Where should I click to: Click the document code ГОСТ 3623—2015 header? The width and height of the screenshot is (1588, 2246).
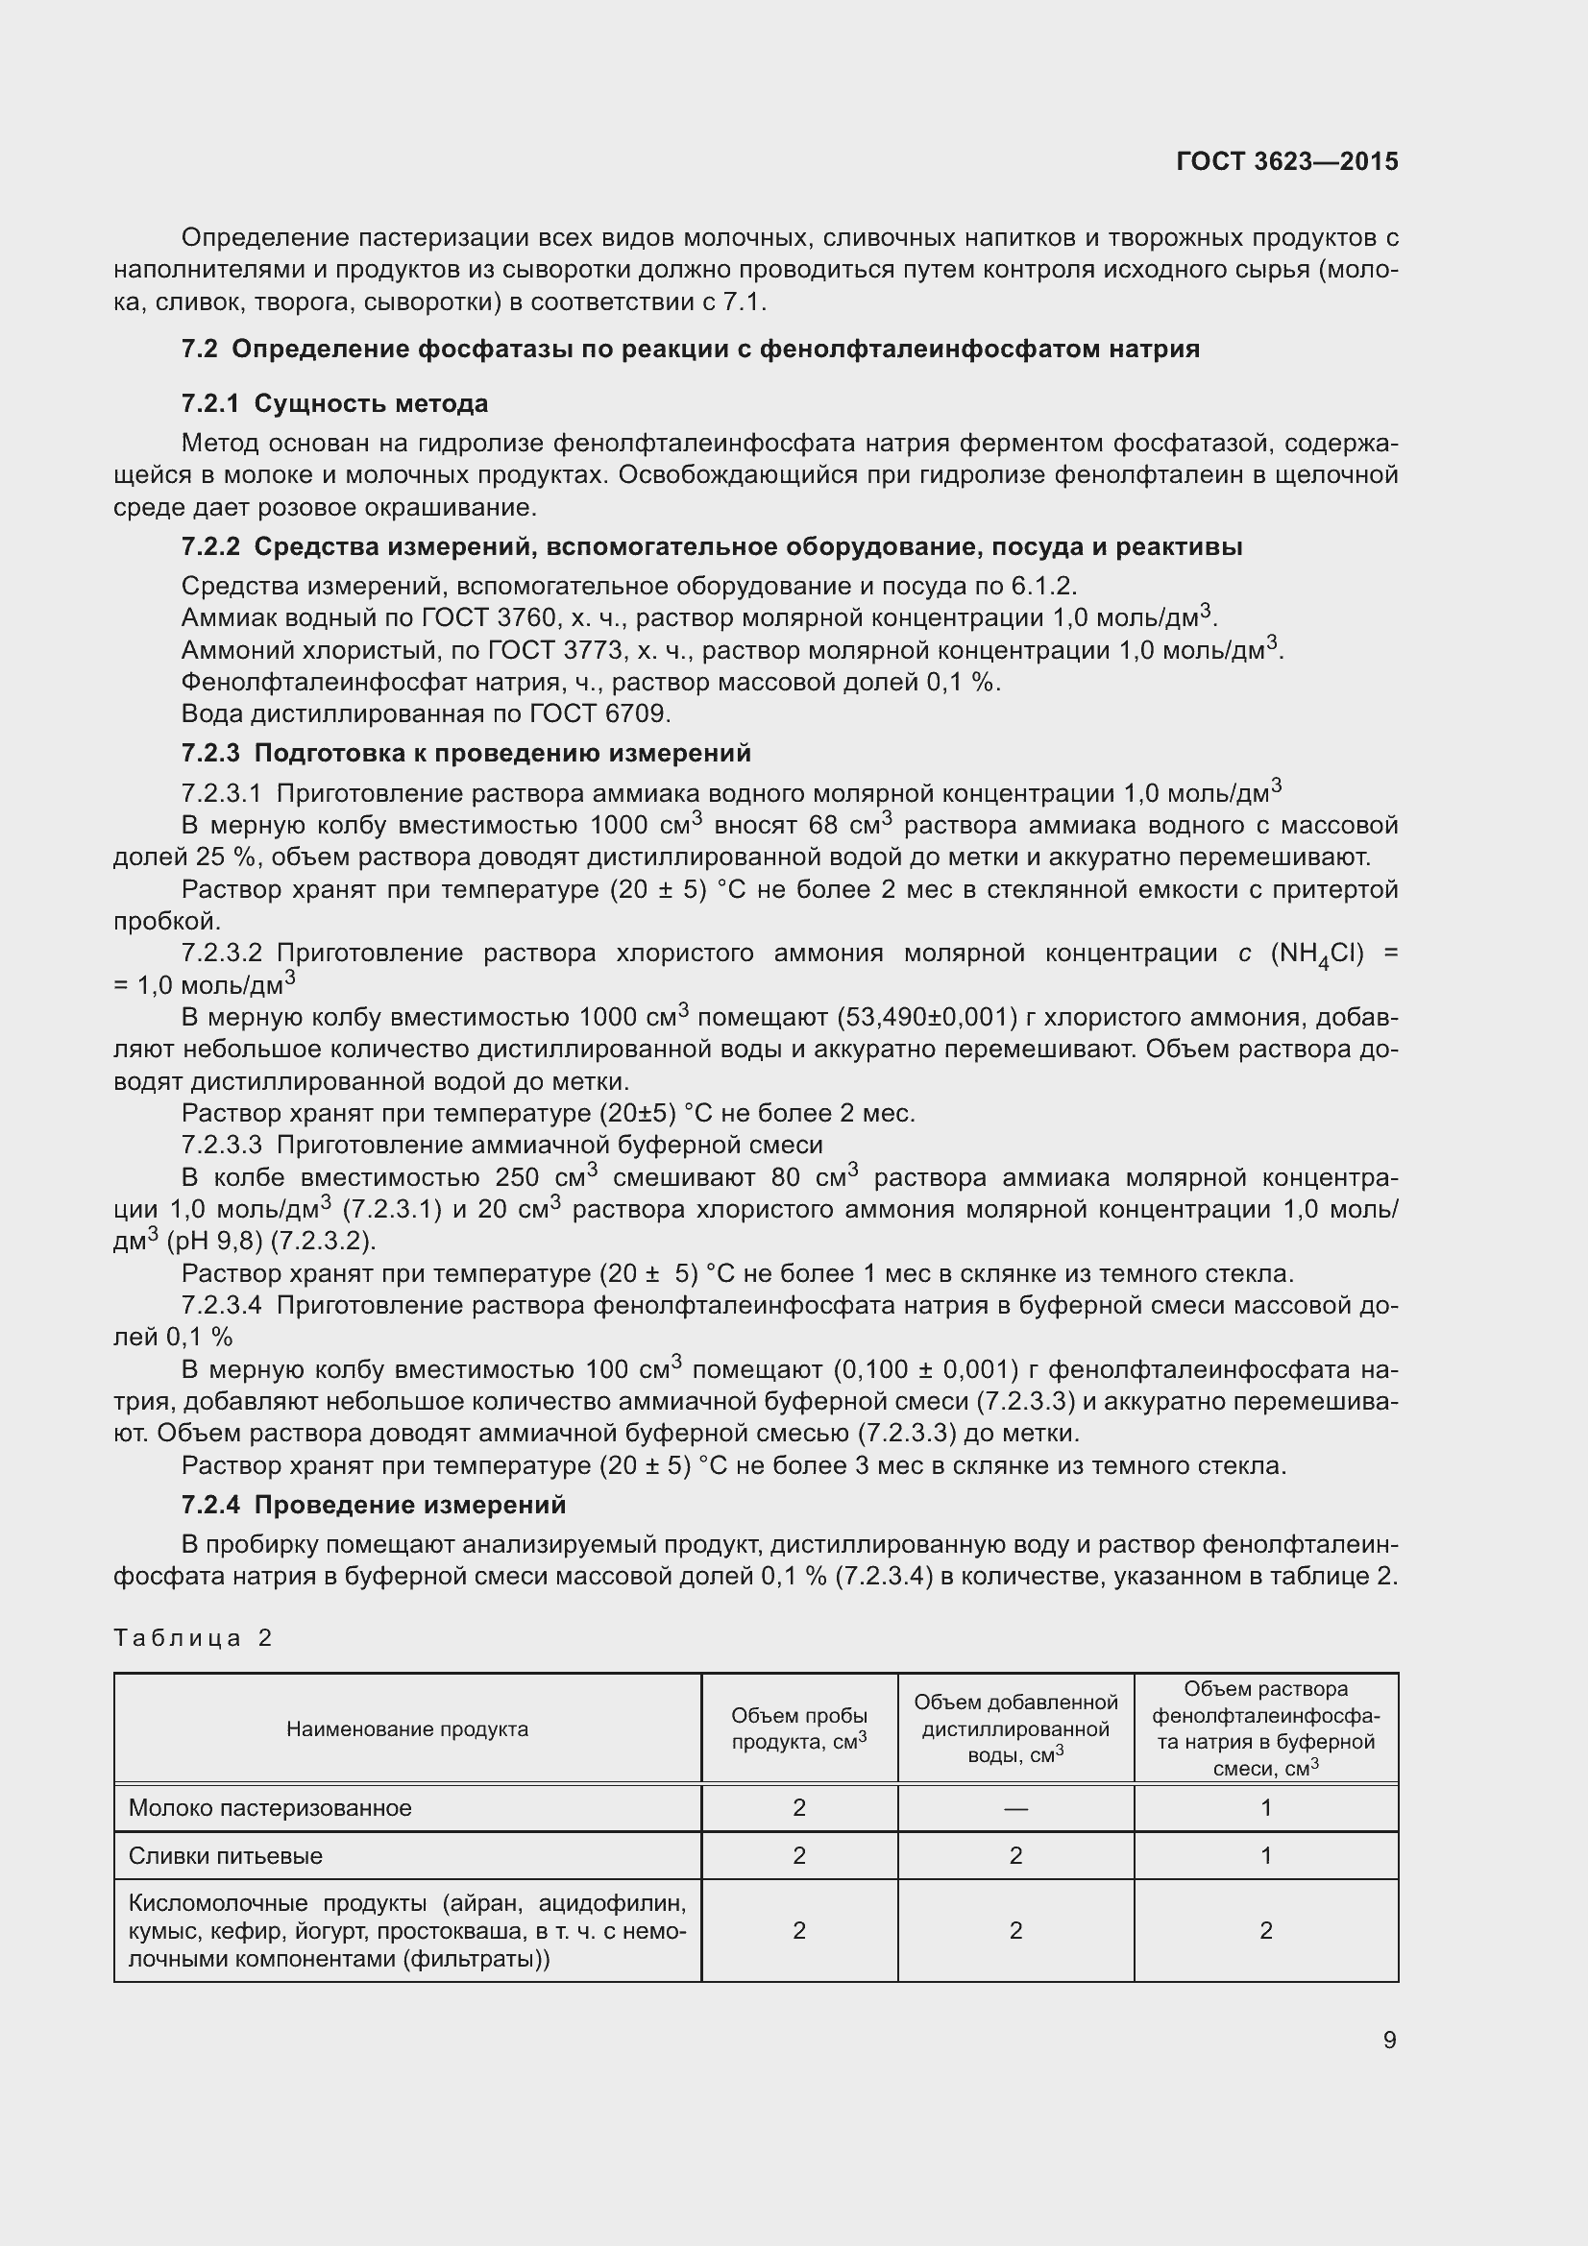pos(1286,161)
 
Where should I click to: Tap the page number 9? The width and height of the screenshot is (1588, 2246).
pos(1389,2040)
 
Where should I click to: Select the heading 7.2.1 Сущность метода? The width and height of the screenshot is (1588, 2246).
pos(334,403)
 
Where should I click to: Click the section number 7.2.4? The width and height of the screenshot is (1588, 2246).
pos(210,1505)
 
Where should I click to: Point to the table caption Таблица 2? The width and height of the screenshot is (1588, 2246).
pos(193,1637)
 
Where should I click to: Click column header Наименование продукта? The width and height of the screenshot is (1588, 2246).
pos(407,1728)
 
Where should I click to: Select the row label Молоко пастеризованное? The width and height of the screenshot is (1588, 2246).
pos(270,1808)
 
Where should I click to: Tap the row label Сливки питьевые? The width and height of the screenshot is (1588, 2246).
pos(225,1856)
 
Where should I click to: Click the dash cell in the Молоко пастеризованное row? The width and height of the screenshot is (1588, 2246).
pos(1015,1808)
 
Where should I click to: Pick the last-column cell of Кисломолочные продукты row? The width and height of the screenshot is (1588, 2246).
pos(1266,1930)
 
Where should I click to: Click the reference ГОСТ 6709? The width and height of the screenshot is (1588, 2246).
pos(599,713)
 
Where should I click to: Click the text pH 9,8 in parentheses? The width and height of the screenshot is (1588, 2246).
pos(211,1242)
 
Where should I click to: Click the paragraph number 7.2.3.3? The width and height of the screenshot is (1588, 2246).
pos(221,1145)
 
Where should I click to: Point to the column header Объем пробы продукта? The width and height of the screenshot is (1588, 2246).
pos(799,1728)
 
